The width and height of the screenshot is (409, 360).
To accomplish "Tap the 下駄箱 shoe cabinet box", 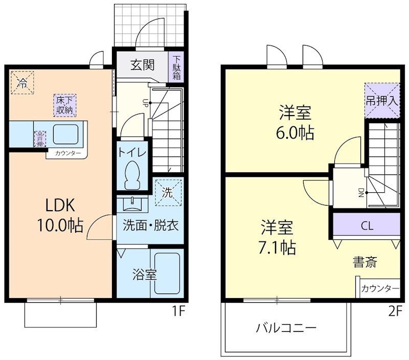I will (176, 67).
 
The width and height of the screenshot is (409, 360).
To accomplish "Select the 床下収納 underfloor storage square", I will (64, 104).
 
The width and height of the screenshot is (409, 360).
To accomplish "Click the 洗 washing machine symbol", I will (168, 192).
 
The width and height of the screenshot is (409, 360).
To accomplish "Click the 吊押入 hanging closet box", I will (381, 100).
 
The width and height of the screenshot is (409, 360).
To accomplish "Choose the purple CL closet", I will (366, 226).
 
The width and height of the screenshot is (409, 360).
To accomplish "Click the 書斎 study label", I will (365, 262).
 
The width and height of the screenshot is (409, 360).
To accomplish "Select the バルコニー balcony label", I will (286, 328).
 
